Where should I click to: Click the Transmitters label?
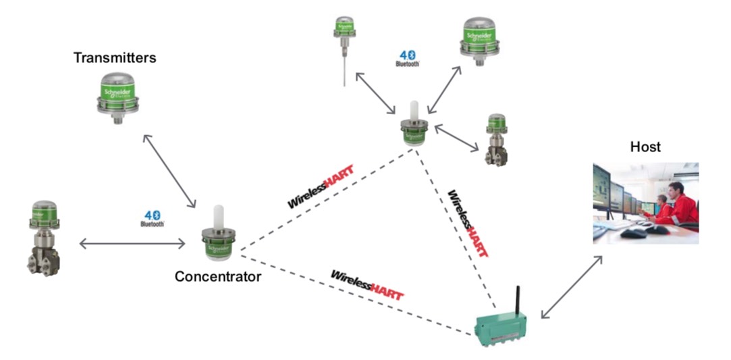tap(115, 58)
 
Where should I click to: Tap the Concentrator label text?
tap(217, 276)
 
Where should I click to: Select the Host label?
tap(645, 147)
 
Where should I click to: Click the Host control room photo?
tap(645, 202)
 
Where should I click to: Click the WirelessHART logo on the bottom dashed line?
tap(367, 285)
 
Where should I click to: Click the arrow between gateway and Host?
tap(571, 287)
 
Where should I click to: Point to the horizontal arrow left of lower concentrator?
tap(132, 243)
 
